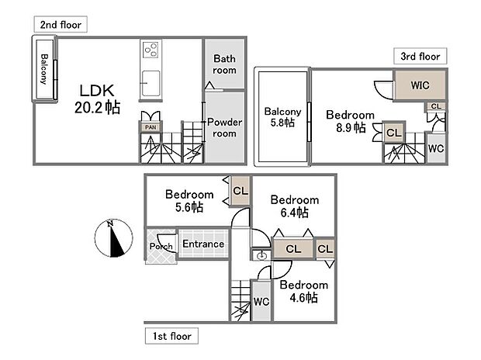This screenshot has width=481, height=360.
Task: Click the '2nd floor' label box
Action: click(x=61, y=24)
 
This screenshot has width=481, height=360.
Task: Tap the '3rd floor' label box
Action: click(x=420, y=56)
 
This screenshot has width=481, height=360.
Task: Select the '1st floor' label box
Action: click(x=171, y=336)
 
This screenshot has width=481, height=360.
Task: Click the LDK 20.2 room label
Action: click(x=97, y=99)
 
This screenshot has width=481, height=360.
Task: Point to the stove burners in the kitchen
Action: click(x=151, y=50)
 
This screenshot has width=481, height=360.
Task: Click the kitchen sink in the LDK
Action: click(x=151, y=83)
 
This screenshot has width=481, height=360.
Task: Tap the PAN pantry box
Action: click(x=151, y=127)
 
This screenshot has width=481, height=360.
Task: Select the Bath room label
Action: click(x=224, y=64)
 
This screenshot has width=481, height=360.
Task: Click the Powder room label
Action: click(x=224, y=128)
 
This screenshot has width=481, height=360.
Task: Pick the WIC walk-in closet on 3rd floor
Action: click(x=420, y=85)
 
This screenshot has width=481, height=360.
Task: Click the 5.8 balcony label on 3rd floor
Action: click(x=282, y=117)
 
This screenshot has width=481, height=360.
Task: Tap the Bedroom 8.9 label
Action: click(x=351, y=121)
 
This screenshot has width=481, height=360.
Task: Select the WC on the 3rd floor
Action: click(x=436, y=148)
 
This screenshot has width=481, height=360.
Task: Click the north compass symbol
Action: click(x=113, y=238)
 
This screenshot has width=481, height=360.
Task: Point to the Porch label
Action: click(x=161, y=246)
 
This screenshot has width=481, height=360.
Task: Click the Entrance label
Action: click(x=203, y=244)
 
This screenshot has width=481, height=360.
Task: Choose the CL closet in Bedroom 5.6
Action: click(x=240, y=191)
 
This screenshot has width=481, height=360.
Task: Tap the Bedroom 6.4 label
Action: click(x=295, y=206)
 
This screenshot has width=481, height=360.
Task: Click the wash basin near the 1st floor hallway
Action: click(x=261, y=255)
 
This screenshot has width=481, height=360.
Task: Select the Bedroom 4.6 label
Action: click(x=303, y=291)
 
